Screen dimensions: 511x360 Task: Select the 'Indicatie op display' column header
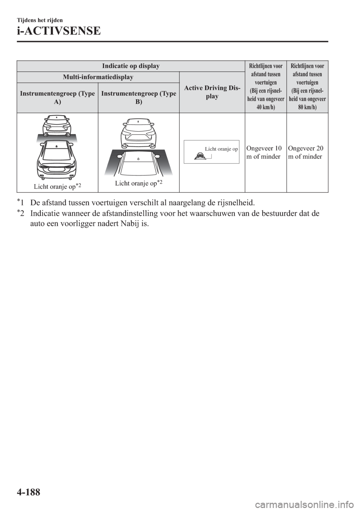(131, 66)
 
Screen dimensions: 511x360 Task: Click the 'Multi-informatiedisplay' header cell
(98, 77)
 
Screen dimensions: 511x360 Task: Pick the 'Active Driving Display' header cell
(212, 92)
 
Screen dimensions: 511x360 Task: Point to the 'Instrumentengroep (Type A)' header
(57, 97)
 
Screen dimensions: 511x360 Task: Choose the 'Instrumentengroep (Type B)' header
(139, 97)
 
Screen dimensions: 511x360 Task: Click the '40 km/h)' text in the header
(266, 107)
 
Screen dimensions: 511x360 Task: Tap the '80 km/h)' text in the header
(307, 107)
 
